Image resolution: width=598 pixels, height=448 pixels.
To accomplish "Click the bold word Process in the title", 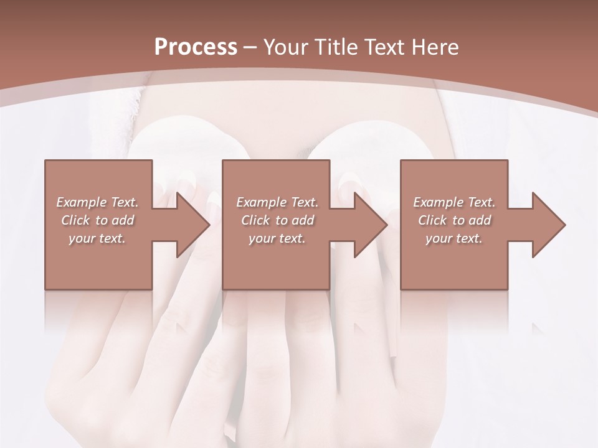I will point(196,47).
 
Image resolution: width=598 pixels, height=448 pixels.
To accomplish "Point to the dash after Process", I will point(250,47).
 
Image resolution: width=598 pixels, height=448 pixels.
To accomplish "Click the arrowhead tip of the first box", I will point(209,225).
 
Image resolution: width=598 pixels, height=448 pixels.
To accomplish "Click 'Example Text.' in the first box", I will point(97,202).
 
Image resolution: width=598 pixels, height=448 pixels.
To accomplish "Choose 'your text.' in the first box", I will point(97,238).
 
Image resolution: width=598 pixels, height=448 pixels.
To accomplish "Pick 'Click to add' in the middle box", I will point(277,220).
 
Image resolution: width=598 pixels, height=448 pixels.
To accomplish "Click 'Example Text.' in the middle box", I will point(277,202).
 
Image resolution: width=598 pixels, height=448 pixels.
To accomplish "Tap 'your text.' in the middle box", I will point(277,238).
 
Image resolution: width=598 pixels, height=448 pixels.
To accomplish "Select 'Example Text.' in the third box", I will point(454,202).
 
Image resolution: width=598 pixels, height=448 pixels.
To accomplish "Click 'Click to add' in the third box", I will point(454,220).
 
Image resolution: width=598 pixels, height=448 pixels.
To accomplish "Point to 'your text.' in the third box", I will point(454,238).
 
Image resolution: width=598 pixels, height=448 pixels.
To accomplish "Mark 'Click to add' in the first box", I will point(97,220).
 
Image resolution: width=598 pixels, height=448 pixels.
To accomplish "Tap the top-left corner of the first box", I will point(45,161).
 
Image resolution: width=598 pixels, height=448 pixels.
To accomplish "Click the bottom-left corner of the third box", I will point(401,289).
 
